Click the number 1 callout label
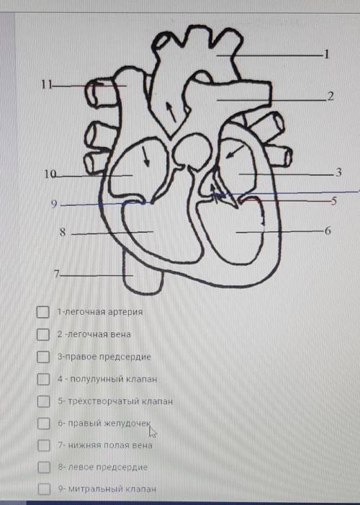326,54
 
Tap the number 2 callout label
330,97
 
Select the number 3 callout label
338,172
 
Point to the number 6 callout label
328,231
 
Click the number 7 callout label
57,274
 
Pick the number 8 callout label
63,232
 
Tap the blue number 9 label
54,204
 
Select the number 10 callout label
50,174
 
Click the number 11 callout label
47,85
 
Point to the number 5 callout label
333,201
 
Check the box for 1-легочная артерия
42,312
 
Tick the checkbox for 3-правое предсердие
43,357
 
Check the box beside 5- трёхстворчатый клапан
43,401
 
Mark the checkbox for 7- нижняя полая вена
44,445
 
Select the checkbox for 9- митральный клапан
45,489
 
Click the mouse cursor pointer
152,432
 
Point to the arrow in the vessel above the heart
171,112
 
